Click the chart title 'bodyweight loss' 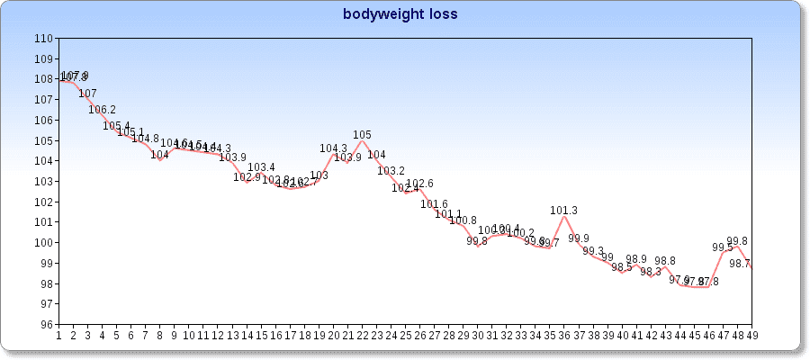pyautogui.click(x=400, y=14)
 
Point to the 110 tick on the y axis pyautogui.click(x=43, y=39)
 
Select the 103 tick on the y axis pyautogui.click(x=43, y=182)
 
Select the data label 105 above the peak pyautogui.click(x=362, y=135)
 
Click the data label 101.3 pyautogui.click(x=564, y=211)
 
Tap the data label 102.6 pyautogui.click(x=419, y=184)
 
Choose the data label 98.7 pyautogui.click(x=741, y=264)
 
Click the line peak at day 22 pyautogui.click(x=362, y=140)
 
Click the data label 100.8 pyautogui.click(x=463, y=220)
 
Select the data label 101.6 pyautogui.click(x=434, y=204)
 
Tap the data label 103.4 pyautogui.click(x=261, y=167)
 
